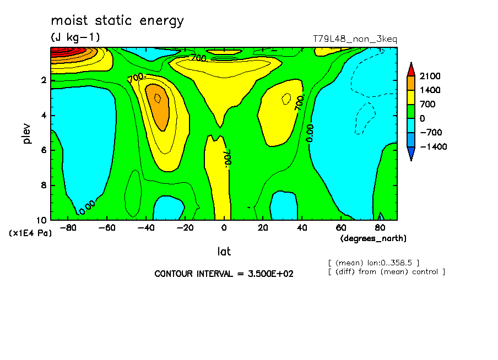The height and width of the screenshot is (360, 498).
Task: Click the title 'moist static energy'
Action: [x=117, y=21]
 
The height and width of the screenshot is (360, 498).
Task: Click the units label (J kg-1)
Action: [x=75, y=37]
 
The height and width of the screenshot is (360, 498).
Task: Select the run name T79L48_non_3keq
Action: [x=355, y=39]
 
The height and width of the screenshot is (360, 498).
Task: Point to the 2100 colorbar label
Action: [x=430, y=76]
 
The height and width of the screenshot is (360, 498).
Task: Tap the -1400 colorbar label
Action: [x=432, y=147]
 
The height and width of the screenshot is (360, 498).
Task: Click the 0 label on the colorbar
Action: [x=422, y=118]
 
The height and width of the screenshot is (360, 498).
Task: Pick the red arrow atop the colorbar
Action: [x=410, y=68]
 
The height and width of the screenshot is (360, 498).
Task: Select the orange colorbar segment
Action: [x=410, y=83]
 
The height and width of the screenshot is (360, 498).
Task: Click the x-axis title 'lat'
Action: [x=224, y=252]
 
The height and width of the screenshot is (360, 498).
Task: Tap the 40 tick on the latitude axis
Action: [x=302, y=227]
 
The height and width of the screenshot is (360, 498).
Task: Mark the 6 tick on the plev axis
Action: [x=44, y=150]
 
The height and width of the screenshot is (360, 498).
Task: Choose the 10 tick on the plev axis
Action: [x=41, y=220]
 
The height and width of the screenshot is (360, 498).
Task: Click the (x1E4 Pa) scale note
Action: [x=30, y=233]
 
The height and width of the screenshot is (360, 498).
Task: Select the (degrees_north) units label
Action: [x=373, y=238]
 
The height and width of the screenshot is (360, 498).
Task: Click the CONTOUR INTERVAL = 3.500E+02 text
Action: [x=224, y=274]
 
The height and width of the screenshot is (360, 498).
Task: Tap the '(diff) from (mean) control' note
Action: [x=386, y=271]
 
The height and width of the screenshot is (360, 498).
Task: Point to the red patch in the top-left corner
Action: [x=63, y=52]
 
